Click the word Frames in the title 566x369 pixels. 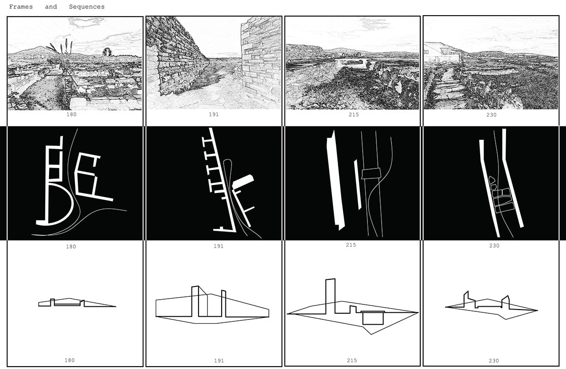click(21, 7)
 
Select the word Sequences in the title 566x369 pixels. click(87, 7)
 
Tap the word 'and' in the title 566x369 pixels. click(51, 7)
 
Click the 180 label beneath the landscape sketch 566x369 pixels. click(71, 115)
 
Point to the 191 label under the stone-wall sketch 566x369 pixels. click(214, 115)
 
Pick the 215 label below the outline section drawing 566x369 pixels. click(352, 361)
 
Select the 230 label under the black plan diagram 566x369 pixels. click(494, 246)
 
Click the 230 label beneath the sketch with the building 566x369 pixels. click(491, 115)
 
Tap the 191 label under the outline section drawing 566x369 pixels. click(219, 361)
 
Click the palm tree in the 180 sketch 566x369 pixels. click(107, 52)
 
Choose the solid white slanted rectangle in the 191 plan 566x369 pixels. click(243, 181)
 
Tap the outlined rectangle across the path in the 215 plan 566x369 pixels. click(371, 174)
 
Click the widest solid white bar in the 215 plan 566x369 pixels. click(335, 181)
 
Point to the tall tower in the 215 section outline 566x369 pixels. click(330, 296)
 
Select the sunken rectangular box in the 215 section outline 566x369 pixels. click(373, 319)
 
